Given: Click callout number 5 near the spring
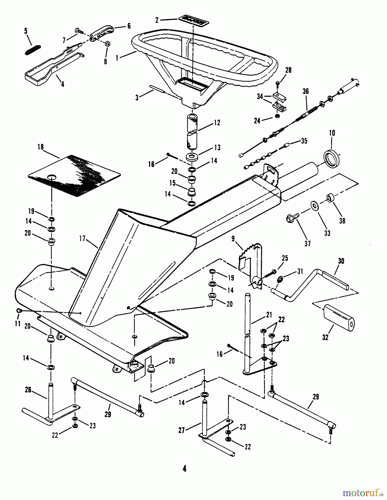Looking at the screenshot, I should coord(26,31).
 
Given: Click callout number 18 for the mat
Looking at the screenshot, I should coord(41,147).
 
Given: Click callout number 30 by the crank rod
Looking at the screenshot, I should coord(341,261).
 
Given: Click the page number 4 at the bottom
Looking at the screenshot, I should coord(184,469).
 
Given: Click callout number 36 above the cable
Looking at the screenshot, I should coord(306,91).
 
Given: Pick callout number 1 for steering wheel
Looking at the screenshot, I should coord(117,57).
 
